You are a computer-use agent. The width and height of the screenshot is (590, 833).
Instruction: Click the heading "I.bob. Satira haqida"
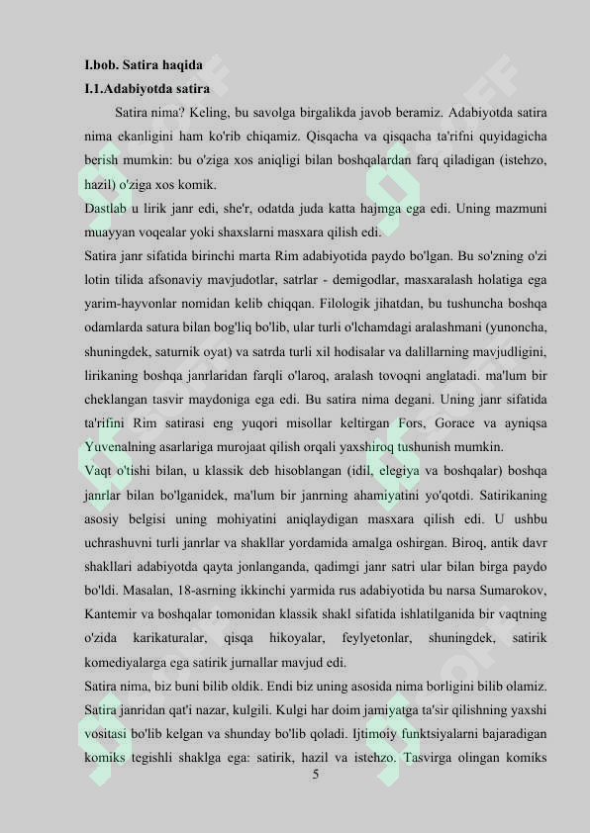tap(144, 65)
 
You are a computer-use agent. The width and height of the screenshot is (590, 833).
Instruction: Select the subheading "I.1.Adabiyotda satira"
tap(146, 89)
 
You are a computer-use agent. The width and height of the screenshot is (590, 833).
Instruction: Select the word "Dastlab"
tap(105, 209)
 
